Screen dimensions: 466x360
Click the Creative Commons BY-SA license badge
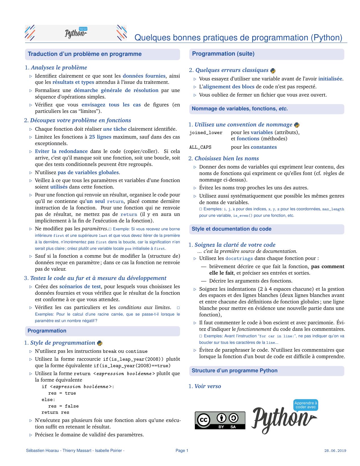click(x=220, y=420)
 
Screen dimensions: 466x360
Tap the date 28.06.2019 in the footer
click(x=335, y=451)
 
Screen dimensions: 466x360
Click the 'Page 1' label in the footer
click(x=182, y=451)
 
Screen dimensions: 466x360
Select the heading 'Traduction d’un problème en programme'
click(x=85, y=54)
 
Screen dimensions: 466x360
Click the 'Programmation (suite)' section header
click(x=223, y=54)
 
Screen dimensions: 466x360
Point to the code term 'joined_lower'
click(x=206, y=133)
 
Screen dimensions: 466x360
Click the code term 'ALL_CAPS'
click(x=200, y=147)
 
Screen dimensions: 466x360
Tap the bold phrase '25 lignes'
click(x=100, y=137)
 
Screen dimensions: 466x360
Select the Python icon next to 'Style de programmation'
click(x=100, y=343)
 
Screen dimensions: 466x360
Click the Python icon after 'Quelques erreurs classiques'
click(x=273, y=71)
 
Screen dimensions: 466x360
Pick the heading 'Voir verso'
click(x=208, y=386)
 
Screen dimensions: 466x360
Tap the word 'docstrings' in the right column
click(x=239, y=259)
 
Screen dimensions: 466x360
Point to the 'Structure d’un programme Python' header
click(x=234, y=371)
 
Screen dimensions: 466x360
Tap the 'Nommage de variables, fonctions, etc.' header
click(x=239, y=109)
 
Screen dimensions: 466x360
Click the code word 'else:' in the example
click(x=48, y=400)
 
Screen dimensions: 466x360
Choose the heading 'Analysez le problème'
click(x=59, y=68)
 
